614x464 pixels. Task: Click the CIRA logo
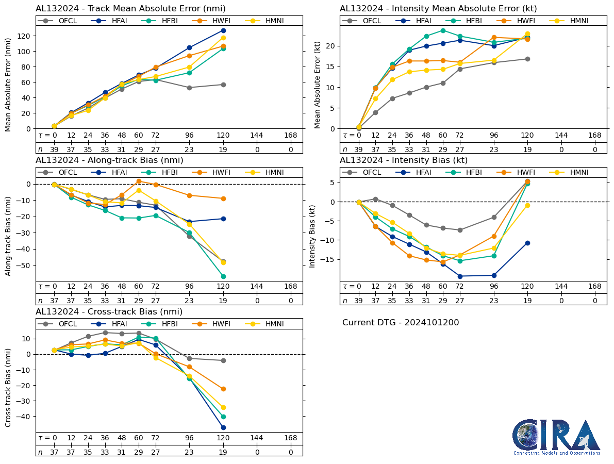pyautogui.click(x=556, y=437)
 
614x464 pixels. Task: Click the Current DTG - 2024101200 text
pyautogui.click(x=401, y=323)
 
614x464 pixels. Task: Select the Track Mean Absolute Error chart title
pyautogui.click(x=130, y=9)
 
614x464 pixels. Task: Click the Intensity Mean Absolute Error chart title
pyautogui.click(x=438, y=9)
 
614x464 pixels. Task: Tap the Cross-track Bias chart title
pyautogui.click(x=109, y=312)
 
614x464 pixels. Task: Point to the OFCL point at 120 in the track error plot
pyautogui.click(x=223, y=85)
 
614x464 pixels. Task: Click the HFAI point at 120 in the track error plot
pyautogui.click(x=223, y=30)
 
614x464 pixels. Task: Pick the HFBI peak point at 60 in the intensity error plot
pyautogui.click(x=443, y=30)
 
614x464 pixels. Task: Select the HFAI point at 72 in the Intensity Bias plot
pyautogui.click(x=460, y=276)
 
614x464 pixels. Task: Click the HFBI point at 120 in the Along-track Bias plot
pyautogui.click(x=223, y=276)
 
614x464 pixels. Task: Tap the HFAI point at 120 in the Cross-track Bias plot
pyautogui.click(x=223, y=427)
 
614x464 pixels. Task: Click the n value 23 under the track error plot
pyautogui.click(x=189, y=150)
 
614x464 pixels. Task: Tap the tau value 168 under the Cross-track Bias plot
pyautogui.click(x=291, y=438)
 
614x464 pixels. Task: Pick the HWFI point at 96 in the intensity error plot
pyautogui.click(x=494, y=38)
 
